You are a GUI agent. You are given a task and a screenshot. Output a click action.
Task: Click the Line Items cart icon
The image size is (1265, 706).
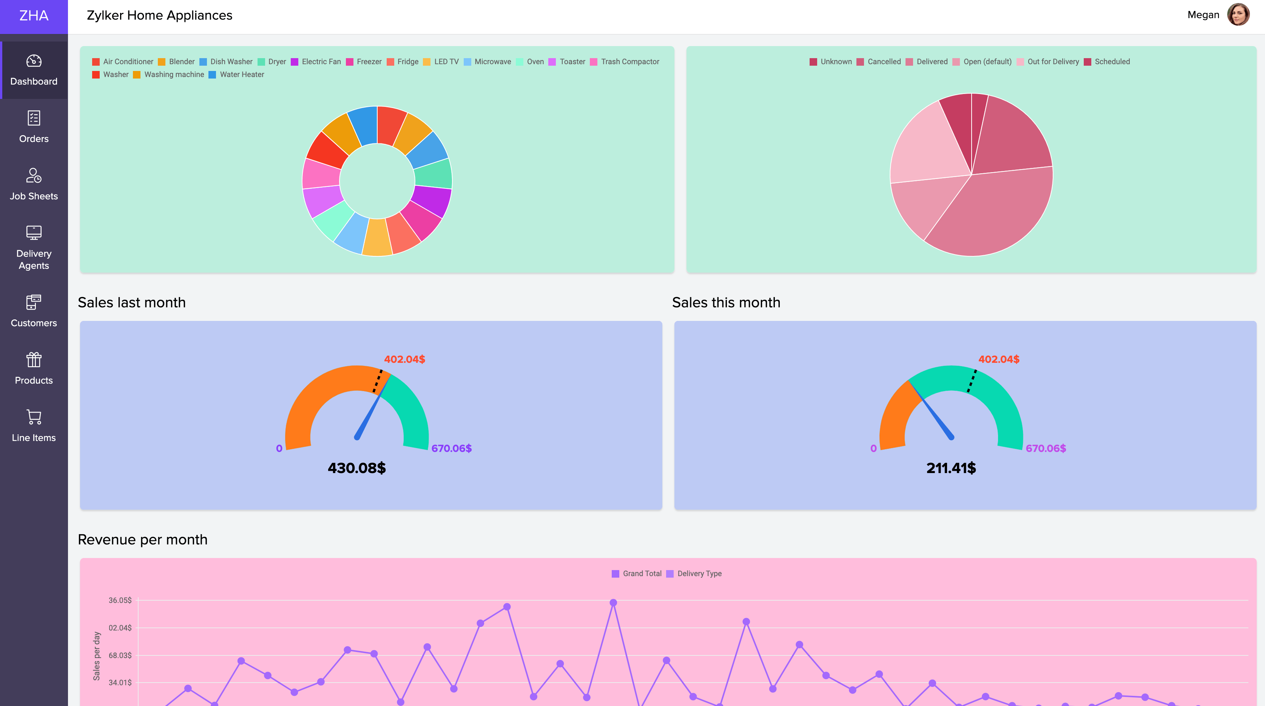[34, 417]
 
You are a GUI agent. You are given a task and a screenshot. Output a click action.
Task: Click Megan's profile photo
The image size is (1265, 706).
[1238, 15]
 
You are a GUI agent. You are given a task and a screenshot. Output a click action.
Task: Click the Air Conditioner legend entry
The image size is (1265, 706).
[123, 62]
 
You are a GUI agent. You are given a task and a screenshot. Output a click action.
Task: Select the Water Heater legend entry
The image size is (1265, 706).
[237, 75]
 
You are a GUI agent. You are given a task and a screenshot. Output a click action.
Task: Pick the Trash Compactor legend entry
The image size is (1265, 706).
[625, 62]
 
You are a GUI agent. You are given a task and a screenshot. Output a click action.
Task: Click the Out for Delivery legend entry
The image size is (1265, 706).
[1048, 62]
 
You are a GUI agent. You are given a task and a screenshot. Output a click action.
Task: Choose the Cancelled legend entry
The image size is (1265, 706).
[879, 62]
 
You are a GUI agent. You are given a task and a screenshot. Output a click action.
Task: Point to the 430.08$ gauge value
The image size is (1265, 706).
[356, 468]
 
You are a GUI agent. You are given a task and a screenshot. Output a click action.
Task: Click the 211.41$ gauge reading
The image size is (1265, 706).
[951, 468]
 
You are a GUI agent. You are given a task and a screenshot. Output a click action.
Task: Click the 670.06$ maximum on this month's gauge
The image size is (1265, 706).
[1046, 448]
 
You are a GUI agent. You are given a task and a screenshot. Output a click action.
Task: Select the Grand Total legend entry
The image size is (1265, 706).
[637, 573]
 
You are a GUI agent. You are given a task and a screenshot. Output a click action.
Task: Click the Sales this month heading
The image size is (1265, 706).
[726, 302]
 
